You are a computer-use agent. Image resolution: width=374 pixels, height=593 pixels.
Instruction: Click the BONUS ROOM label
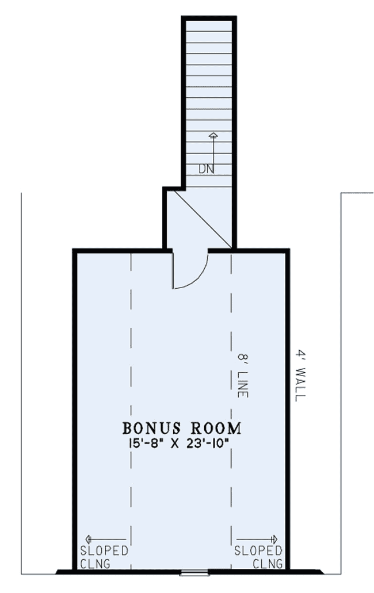(x=181, y=429)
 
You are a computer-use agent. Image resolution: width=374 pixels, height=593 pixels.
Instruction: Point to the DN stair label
(x=206, y=169)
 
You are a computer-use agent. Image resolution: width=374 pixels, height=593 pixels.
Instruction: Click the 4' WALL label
(x=299, y=375)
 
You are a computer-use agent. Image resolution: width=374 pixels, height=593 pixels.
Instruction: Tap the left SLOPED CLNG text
(x=104, y=557)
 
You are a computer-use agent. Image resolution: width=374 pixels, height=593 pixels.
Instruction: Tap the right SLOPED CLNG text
(x=258, y=557)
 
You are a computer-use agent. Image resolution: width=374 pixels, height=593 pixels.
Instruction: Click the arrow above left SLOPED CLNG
(x=98, y=539)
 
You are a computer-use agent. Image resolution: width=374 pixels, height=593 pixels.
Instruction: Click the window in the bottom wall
(x=188, y=572)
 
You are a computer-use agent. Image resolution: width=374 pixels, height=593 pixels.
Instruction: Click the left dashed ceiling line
(x=132, y=403)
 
